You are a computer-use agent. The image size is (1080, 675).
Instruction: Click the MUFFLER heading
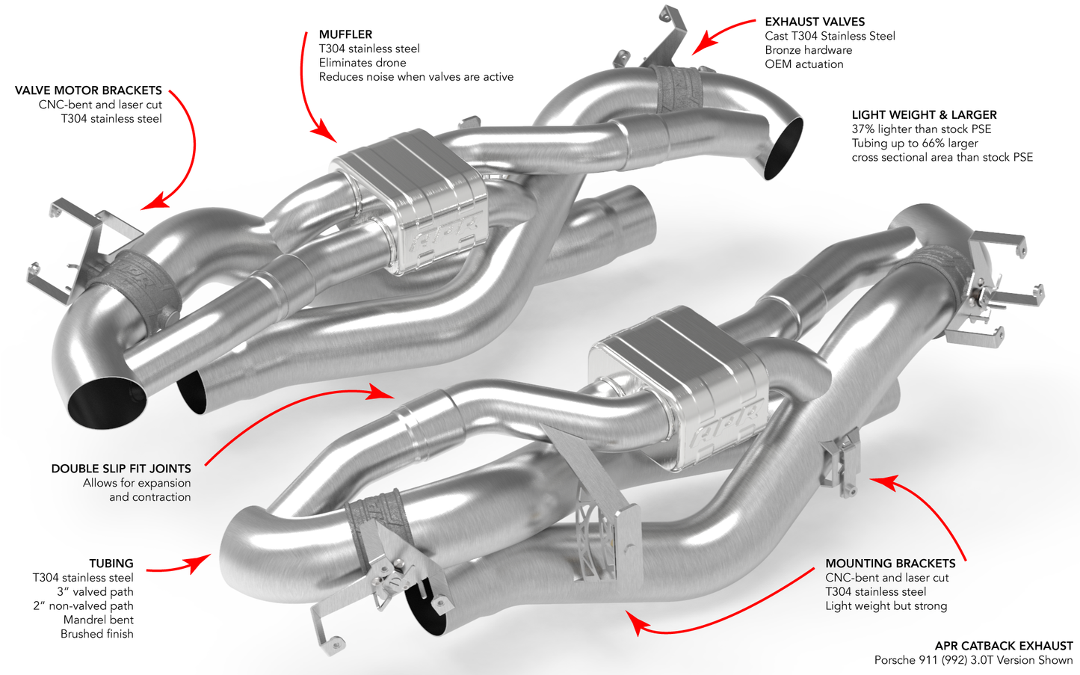tap(345, 34)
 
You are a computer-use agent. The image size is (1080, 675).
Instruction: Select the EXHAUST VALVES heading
tap(815, 22)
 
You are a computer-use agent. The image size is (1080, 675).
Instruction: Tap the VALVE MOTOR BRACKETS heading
tap(88, 90)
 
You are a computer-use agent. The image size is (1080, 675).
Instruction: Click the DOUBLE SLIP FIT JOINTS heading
tap(121, 469)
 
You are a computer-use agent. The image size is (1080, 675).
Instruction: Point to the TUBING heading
tap(111, 564)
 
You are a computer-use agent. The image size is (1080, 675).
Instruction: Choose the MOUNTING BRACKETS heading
tap(890, 564)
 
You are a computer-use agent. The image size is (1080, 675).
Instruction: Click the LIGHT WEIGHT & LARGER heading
tap(924, 115)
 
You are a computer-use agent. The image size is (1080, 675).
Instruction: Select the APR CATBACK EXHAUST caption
tap(1004, 646)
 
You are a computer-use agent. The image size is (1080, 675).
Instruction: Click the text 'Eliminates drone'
tap(362, 63)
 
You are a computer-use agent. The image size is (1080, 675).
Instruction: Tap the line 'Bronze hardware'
tap(808, 50)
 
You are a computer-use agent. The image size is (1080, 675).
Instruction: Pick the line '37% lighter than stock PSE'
tap(922, 129)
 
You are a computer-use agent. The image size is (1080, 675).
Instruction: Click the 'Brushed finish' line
tap(97, 634)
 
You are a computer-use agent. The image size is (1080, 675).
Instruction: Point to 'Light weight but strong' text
tap(886, 606)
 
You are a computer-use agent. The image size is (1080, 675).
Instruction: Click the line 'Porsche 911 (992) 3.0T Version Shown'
tap(973, 660)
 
